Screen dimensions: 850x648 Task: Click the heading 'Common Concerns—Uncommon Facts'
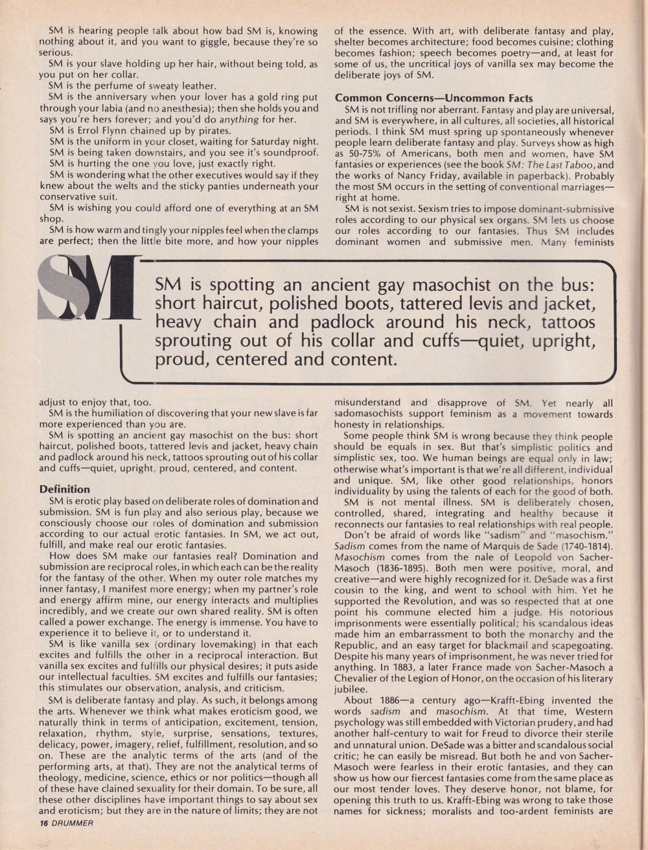[x=434, y=98]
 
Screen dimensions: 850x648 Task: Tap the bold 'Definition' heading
[x=65, y=489]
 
